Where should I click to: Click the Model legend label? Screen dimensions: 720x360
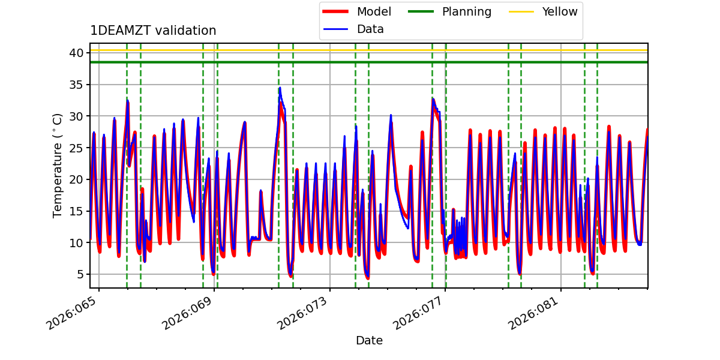point(374,11)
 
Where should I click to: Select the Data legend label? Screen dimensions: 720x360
point(370,29)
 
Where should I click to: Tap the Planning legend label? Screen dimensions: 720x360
point(467,12)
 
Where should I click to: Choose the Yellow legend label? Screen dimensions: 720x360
point(560,11)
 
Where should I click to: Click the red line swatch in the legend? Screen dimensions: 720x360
point(335,11)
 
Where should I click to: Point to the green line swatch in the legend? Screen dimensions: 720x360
point(421,11)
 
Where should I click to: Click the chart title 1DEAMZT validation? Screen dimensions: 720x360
point(153,31)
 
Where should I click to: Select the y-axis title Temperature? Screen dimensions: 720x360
point(57,166)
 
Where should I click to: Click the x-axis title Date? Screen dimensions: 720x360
point(369,340)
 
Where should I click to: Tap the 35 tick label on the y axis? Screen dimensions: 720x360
point(76,85)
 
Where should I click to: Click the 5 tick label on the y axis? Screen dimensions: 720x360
point(80,275)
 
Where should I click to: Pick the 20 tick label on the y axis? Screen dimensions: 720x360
point(76,179)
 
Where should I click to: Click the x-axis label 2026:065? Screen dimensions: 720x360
point(71,313)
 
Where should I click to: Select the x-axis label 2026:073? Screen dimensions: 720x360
point(302,313)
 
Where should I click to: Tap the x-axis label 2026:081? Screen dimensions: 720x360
point(533,313)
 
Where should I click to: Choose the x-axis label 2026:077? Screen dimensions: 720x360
point(418,313)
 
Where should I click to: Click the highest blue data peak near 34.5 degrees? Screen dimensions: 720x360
point(280,88)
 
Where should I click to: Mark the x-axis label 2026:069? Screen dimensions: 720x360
point(187,313)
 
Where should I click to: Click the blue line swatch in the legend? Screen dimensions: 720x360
point(335,29)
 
